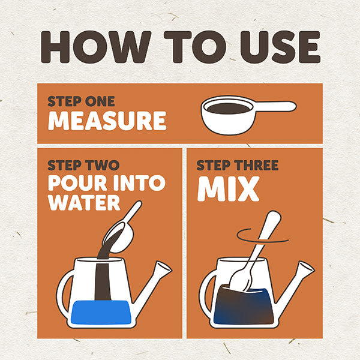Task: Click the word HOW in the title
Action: [x=96, y=47]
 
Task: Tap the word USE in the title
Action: [x=280, y=47]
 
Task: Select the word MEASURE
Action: [x=107, y=121]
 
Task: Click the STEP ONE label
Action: [x=81, y=101]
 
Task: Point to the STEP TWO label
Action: [x=83, y=165]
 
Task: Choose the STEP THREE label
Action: [x=238, y=165]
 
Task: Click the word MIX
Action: [x=229, y=189]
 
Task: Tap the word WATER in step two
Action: [x=84, y=203]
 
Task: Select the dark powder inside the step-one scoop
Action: [x=229, y=108]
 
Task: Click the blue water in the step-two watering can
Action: [x=101, y=312]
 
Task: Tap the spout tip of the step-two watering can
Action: [x=163, y=267]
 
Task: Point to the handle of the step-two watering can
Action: [x=63, y=292]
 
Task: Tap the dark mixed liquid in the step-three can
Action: [x=244, y=307]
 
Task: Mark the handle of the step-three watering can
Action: [x=206, y=292]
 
